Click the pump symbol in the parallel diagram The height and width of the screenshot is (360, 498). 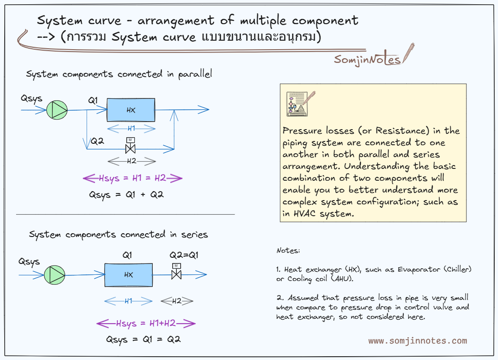tap(57, 110)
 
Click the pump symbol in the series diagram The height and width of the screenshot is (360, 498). tap(54, 275)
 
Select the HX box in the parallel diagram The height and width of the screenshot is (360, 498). tap(131, 110)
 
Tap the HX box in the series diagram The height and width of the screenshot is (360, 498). tap(128, 275)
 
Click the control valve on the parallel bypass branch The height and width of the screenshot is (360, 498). tap(130, 148)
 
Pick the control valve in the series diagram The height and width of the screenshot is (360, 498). tap(176, 273)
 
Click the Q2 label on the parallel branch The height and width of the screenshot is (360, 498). tap(97, 140)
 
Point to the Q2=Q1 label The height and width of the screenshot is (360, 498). tap(184, 255)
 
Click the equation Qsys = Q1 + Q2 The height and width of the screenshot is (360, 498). tap(126, 194)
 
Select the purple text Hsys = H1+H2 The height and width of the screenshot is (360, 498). tap(146, 324)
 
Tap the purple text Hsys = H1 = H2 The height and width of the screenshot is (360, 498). tap(132, 178)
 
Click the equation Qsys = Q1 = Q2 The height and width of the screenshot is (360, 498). tap(143, 339)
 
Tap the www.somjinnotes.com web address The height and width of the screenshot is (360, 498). tap(418, 341)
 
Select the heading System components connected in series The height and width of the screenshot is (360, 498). tap(118, 235)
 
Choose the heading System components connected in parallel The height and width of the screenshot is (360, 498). tap(119, 74)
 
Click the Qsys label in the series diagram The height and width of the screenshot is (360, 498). tap(29, 262)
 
